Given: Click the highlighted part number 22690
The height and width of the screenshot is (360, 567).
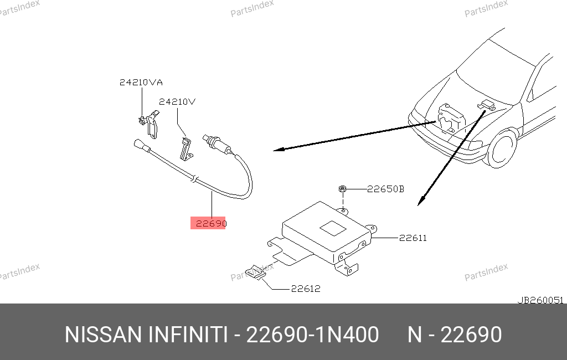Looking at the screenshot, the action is (x=211, y=224).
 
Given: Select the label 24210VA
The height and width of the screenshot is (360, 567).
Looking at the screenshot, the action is (x=141, y=83).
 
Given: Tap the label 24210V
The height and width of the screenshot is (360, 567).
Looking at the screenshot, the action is (x=177, y=102).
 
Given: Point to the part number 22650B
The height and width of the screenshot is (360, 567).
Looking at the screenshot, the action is (x=385, y=189).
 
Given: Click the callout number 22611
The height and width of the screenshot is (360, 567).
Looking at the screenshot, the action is (x=413, y=238).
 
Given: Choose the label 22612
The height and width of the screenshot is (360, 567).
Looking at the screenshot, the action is (x=306, y=289).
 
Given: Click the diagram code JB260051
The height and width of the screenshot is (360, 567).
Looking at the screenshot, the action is (x=540, y=300).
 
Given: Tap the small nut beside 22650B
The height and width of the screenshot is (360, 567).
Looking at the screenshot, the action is (x=342, y=188).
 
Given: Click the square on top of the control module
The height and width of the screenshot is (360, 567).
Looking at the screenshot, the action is (x=333, y=228).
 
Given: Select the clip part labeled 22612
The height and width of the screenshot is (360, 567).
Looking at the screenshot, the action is (x=256, y=272).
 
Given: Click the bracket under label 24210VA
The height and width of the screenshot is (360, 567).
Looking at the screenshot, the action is (x=150, y=124).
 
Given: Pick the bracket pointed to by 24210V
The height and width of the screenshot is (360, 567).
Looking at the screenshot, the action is (x=186, y=148).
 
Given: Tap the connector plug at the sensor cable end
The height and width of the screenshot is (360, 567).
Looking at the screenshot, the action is (x=142, y=146).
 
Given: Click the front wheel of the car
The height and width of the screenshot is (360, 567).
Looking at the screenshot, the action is (x=503, y=149).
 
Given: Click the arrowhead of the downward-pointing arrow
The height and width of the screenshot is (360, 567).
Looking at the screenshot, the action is (x=420, y=201).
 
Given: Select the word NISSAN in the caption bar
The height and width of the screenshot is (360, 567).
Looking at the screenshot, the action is (x=103, y=335).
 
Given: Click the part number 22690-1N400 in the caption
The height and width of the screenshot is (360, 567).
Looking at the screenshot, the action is (x=312, y=335).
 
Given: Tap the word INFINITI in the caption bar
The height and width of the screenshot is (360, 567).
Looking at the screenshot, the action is (x=188, y=335).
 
